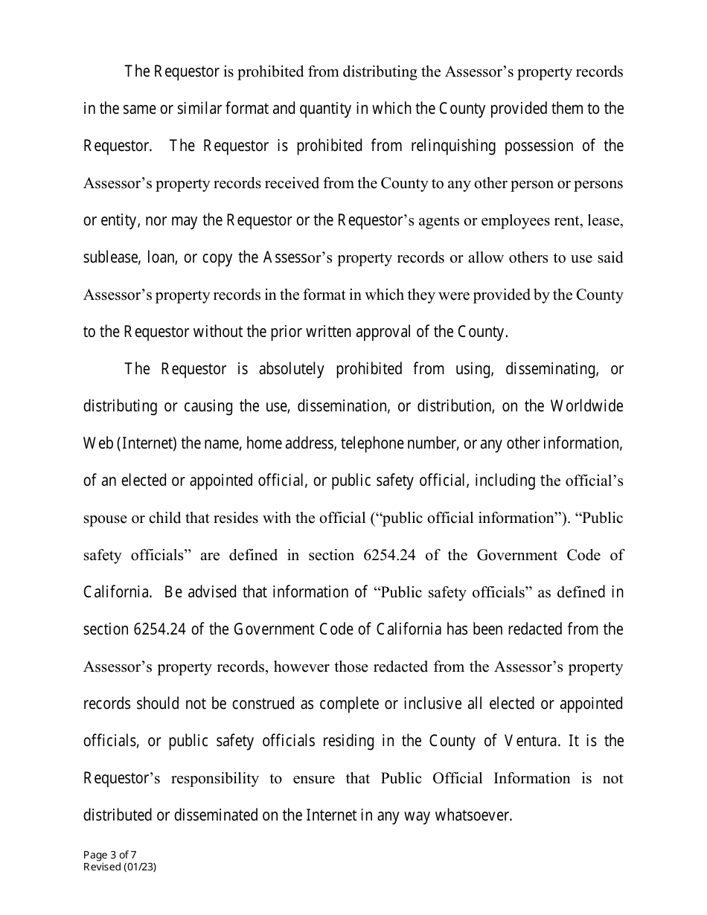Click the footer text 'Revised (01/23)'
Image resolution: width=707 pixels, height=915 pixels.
[x=119, y=867]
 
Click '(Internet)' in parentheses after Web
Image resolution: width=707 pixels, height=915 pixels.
[x=147, y=444]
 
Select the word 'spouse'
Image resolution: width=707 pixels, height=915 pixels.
[x=104, y=518]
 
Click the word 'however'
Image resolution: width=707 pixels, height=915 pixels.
[x=301, y=667]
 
